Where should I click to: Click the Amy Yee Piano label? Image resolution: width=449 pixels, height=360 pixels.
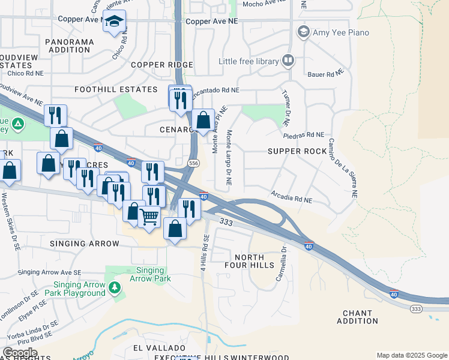click(340, 32)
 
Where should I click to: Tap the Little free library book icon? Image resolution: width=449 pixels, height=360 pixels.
click(288, 61)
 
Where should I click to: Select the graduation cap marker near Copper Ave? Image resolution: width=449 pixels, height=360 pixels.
click(114, 22)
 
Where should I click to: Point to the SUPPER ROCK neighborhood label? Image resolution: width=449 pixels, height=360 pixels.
click(297, 151)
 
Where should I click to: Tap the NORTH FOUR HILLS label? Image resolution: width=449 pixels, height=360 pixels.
click(254, 261)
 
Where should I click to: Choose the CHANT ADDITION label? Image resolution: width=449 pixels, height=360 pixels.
click(358, 317)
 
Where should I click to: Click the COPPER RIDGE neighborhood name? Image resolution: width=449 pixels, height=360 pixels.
click(162, 65)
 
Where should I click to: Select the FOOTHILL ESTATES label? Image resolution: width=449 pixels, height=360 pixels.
click(115, 89)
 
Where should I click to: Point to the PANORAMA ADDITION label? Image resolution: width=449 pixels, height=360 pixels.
click(70, 46)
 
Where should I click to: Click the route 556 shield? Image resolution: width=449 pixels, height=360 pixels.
click(193, 163)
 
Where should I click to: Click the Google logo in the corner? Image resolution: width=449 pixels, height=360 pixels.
click(20, 353)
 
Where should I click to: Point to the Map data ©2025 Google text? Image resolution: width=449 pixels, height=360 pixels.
click(412, 355)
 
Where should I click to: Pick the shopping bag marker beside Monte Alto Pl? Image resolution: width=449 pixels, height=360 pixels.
click(203, 119)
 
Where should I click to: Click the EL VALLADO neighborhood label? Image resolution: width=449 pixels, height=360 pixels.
click(150, 348)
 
